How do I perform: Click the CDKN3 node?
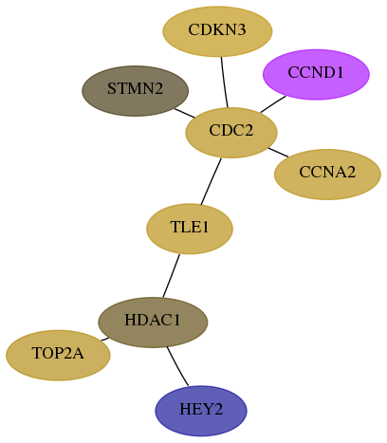tap(217, 31)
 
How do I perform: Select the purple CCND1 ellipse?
tap(316, 74)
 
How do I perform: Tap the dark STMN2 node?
tap(136, 91)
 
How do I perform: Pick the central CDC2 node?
tap(231, 133)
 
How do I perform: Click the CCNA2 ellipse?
tap(327, 175)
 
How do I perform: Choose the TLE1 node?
tap(190, 229)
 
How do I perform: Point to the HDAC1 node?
tap(153, 323)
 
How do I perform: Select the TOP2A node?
tap(58, 355)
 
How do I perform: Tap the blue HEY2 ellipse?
tap(201, 411)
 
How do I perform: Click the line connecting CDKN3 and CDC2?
tap(224, 83)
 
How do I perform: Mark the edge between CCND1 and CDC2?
tap(273, 104)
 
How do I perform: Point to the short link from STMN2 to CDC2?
tap(185, 113)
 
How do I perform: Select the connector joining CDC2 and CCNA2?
tap(278, 152)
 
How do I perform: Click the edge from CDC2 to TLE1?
tap(211, 181)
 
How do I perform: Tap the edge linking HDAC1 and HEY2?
tap(176, 367)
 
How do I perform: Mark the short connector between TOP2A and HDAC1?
tap(105, 339)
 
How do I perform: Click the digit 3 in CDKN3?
tap(242, 29)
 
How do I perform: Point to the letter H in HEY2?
tap(184, 409)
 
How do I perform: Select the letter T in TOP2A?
tap(37, 353)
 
